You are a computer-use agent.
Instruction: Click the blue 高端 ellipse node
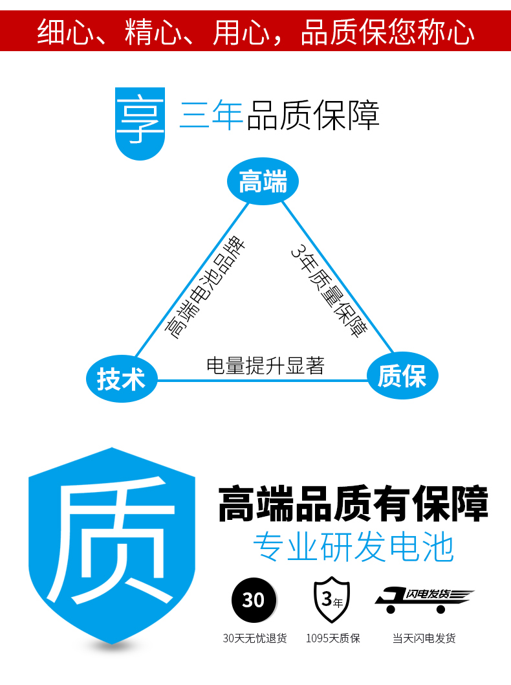(x=263, y=183)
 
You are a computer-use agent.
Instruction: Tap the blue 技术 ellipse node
(x=122, y=378)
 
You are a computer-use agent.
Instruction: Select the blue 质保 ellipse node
(x=402, y=376)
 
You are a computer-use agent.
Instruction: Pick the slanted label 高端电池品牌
(x=206, y=289)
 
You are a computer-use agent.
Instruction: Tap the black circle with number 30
(x=254, y=600)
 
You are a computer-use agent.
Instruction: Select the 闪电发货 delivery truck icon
(x=423, y=600)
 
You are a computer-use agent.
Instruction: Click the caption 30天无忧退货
(x=254, y=638)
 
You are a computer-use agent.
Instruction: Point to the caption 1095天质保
(x=332, y=638)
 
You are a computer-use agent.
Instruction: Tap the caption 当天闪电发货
(x=424, y=638)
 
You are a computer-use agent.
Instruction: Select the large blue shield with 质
(x=111, y=544)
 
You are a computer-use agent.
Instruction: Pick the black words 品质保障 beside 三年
(x=313, y=116)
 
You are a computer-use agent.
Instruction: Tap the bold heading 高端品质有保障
(x=353, y=506)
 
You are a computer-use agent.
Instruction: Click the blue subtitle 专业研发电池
(x=353, y=548)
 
